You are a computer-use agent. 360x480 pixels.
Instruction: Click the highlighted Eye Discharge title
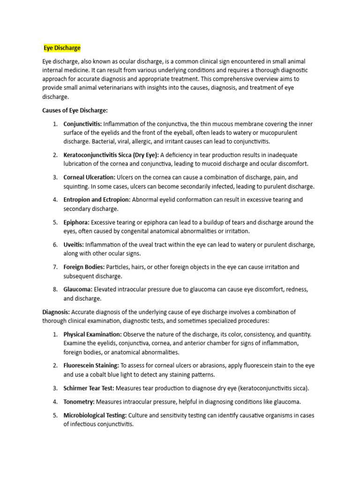(62, 48)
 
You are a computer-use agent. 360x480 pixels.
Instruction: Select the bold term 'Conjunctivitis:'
(82, 124)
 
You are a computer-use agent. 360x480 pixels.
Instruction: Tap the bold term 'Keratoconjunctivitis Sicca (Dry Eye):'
(111, 155)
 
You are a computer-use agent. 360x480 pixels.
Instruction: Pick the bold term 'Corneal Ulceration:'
(89, 177)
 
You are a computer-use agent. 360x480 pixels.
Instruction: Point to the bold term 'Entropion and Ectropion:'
(97, 200)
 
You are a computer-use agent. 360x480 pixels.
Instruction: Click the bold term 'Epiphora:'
(76, 222)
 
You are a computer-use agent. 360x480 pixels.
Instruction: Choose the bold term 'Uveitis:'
(74, 245)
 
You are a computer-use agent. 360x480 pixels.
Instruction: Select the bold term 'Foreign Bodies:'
(84, 267)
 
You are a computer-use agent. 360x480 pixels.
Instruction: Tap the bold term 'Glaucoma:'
(78, 290)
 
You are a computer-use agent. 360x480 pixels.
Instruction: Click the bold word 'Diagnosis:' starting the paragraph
(56, 312)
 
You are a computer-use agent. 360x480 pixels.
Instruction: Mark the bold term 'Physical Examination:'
(92, 334)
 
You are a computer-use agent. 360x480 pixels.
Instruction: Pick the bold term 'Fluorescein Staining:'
(91, 366)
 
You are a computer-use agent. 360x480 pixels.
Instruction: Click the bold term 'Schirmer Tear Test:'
(89, 388)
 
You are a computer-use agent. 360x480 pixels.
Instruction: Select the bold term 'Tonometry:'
(79, 402)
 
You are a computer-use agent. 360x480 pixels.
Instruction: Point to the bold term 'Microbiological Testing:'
(95, 415)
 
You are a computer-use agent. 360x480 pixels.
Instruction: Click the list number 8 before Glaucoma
(55, 290)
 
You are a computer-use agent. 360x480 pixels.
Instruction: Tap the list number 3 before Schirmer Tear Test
(55, 388)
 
